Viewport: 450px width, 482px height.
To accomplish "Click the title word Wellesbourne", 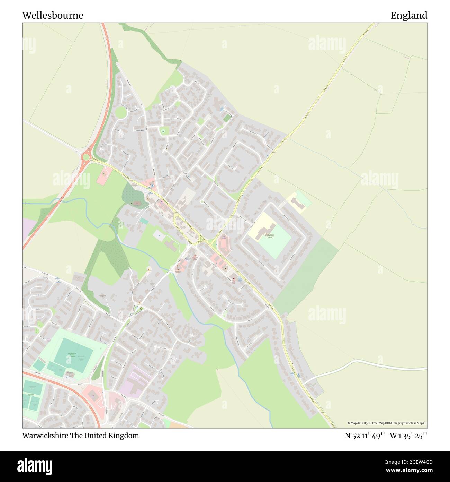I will pyautogui.click(x=53, y=16).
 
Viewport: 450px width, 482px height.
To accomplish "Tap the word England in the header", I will pyautogui.click(x=409, y=16).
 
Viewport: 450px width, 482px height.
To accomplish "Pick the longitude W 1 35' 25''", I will pyautogui.click(x=408, y=436).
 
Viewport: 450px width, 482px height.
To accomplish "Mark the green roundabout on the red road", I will pyautogui.click(x=85, y=157).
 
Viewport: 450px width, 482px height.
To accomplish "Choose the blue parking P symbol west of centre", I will pyautogui.click(x=159, y=235).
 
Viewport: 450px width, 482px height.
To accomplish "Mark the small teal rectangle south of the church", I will pyautogui.click(x=143, y=221).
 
